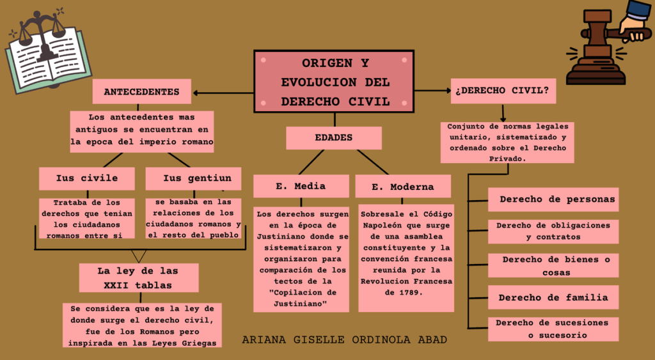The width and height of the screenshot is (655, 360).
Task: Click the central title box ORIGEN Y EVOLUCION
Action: (333, 82)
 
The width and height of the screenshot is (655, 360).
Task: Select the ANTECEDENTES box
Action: (141, 91)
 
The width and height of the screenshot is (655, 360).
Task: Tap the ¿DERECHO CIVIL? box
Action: (502, 91)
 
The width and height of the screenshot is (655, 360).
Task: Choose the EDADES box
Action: (333, 137)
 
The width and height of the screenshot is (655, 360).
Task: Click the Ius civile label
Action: (86, 178)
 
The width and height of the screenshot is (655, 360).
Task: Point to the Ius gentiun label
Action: (193, 178)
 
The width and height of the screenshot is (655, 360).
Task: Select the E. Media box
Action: (301, 186)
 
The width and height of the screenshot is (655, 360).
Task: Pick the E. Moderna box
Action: (403, 187)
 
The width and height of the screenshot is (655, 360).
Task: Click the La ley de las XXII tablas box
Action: (138, 278)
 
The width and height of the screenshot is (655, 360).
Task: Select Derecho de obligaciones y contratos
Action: (553, 231)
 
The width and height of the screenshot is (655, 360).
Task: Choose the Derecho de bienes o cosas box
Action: (554, 265)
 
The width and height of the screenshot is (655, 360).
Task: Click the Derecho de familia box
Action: (553, 297)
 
